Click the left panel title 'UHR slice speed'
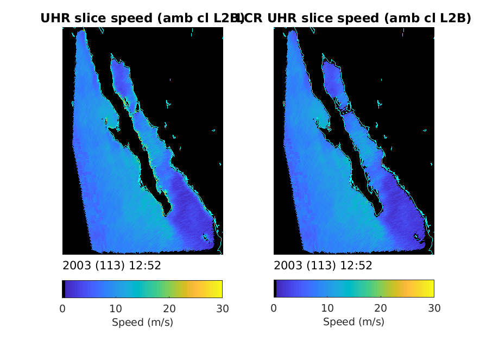pyautogui.click(x=142, y=18)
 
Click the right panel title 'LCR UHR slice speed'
pyautogui.click(x=353, y=18)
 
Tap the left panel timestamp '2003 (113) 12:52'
pyautogui.click(x=112, y=266)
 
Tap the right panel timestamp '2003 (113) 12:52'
pyautogui.click(x=323, y=266)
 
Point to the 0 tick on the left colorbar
pyautogui.click(x=62, y=309)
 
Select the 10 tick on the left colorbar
pyautogui.click(x=116, y=309)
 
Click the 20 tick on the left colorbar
pyautogui.click(x=169, y=309)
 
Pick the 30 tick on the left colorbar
pyautogui.click(x=222, y=309)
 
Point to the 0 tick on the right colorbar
pyautogui.click(x=274, y=309)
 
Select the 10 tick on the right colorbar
pyautogui.click(x=327, y=309)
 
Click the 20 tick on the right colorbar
pyautogui.click(x=380, y=309)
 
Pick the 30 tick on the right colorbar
pyautogui.click(x=433, y=309)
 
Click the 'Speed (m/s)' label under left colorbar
pyautogui.click(x=142, y=322)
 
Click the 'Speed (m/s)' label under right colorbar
pyautogui.click(x=353, y=322)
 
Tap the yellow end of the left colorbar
pyautogui.click(x=218, y=289)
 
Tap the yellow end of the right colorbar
pyautogui.click(x=430, y=289)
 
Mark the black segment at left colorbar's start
pyautogui.click(x=64, y=289)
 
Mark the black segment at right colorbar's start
pyautogui.click(x=275, y=289)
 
